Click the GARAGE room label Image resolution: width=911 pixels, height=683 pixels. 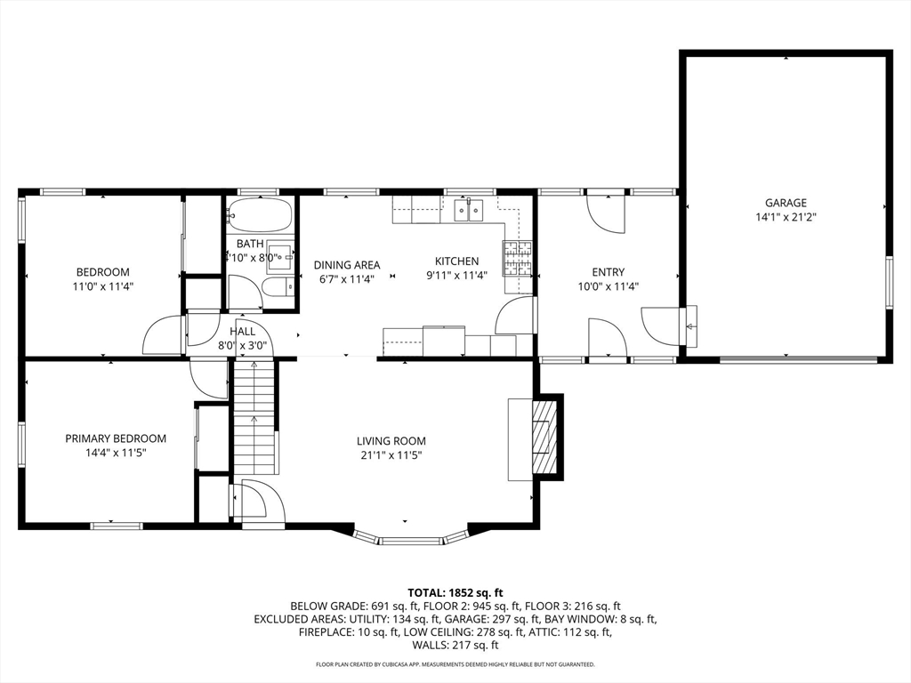(x=786, y=203)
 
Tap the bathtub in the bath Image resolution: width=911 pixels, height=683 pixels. (x=260, y=214)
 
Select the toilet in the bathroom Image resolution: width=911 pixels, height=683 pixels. (x=278, y=286)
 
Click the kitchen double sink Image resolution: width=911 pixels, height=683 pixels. (x=468, y=211)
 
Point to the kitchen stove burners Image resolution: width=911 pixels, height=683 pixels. (x=518, y=259)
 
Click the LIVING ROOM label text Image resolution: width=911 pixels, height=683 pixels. (x=391, y=441)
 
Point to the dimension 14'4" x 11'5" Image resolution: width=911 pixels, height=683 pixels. (x=116, y=454)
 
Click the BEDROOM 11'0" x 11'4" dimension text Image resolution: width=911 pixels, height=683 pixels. (x=103, y=286)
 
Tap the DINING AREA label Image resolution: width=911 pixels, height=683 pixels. (x=346, y=264)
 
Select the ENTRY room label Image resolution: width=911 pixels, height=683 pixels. (x=608, y=272)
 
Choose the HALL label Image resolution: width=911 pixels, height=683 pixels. (x=230, y=332)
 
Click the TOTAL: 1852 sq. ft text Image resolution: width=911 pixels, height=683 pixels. (x=455, y=592)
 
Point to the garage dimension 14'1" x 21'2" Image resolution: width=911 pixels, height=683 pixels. (x=786, y=217)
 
